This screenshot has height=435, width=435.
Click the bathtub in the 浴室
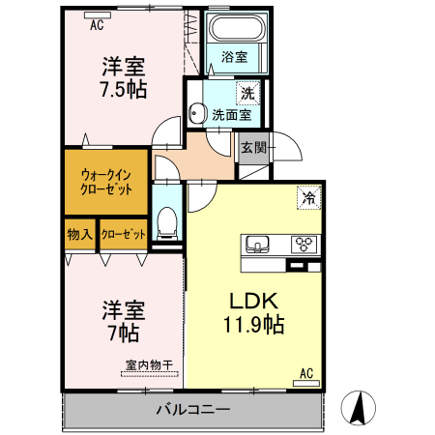(x=237, y=30)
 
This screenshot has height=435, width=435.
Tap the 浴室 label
(x=235, y=56)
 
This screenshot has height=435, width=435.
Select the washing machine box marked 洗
(x=248, y=94)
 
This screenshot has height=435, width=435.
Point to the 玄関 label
(x=253, y=148)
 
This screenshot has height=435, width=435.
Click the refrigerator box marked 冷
(x=309, y=197)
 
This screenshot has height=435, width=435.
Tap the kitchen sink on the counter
(x=258, y=243)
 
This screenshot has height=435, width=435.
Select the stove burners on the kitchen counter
(x=305, y=243)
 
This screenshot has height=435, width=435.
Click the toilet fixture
(x=168, y=222)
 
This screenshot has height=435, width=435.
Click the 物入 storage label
(x=79, y=235)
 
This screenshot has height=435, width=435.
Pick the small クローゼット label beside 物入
(x=123, y=235)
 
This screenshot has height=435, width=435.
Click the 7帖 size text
(x=124, y=333)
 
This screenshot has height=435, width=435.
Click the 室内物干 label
(x=149, y=365)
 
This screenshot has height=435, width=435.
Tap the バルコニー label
(x=193, y=410)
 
